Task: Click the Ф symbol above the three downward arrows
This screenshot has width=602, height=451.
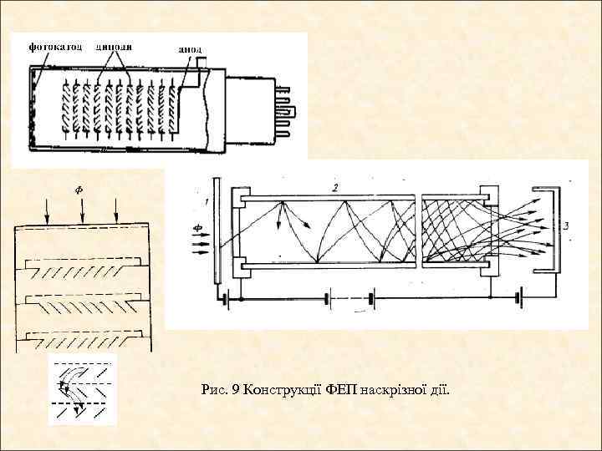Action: point(79,190)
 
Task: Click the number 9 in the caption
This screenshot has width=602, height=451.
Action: point(237,389)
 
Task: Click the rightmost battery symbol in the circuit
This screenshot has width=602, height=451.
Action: point(519,296)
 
